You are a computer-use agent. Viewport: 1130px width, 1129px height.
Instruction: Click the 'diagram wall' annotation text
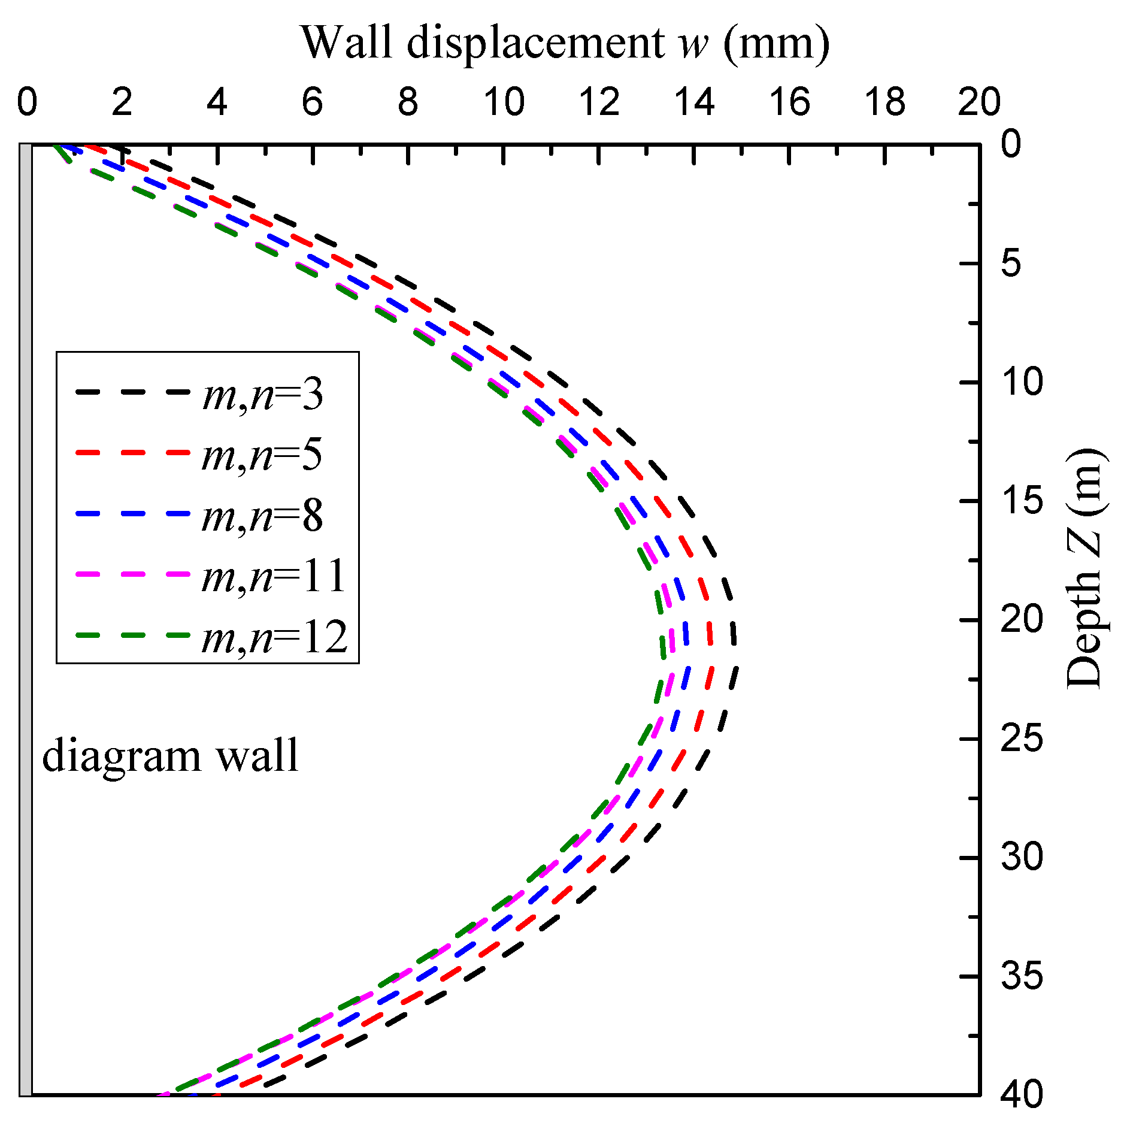170,756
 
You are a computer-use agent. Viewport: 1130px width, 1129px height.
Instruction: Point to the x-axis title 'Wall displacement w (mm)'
565,43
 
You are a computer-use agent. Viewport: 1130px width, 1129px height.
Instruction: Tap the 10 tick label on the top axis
504,102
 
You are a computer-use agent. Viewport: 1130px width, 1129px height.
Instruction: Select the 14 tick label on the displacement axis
694,102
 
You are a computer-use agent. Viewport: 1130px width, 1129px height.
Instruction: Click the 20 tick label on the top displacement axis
979,102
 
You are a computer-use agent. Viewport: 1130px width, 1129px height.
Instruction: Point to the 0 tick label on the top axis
27,102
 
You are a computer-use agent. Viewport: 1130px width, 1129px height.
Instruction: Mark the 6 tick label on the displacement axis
313,102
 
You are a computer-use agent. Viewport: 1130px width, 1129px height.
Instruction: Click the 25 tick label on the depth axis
1022,738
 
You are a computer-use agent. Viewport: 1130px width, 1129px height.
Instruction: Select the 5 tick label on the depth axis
1011,263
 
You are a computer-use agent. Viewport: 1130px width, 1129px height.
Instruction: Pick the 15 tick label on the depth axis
1022,501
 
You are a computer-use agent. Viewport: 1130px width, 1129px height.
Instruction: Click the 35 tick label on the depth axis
1022,976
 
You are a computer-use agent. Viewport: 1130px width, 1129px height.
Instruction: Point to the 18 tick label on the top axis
885,102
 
